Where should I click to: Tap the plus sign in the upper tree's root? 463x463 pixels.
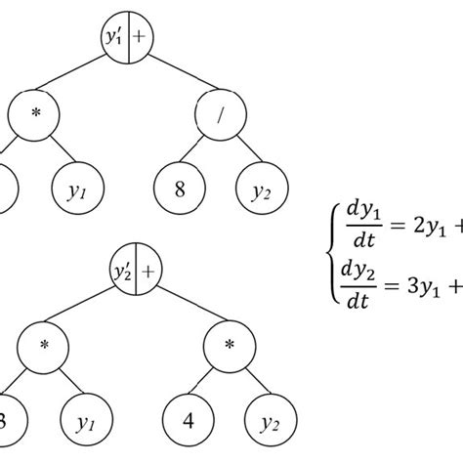[143, 38]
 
